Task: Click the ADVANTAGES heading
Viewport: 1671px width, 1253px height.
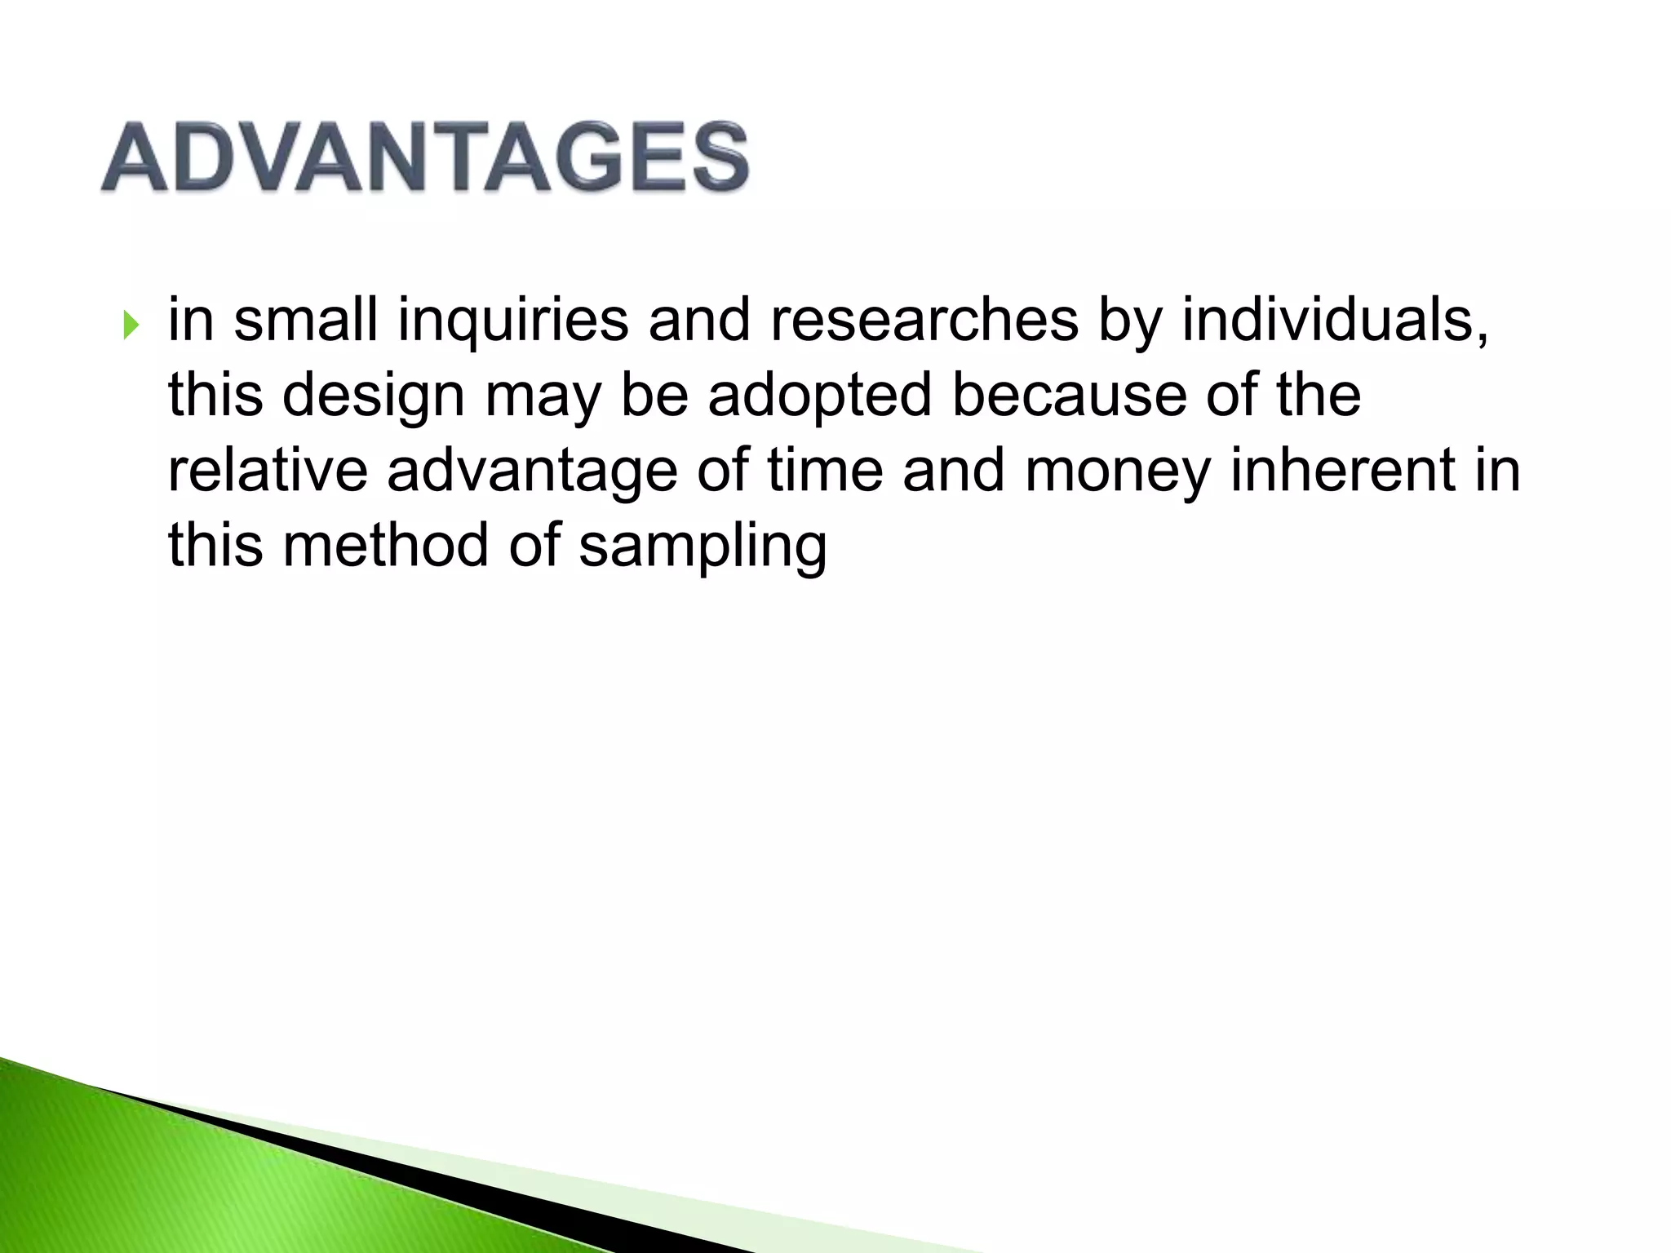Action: click(x=424, y=157)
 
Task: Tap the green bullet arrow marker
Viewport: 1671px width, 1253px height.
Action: click(x=131, y=325)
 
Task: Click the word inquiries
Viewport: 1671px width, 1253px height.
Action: click(x=512, y=320)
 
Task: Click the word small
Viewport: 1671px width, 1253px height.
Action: click(x=305, y=320)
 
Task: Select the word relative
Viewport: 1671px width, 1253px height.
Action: click(x=267, y=471)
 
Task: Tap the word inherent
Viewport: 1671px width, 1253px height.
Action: click(x=1342, y=471)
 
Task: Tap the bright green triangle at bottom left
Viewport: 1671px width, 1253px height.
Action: click(x=163, y=1183)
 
